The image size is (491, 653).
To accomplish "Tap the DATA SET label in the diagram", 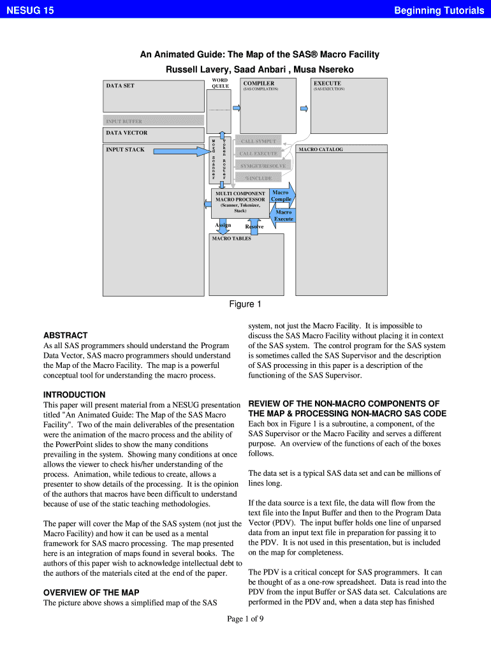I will [120, 85].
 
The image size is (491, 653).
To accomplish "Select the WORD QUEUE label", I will [220, 83].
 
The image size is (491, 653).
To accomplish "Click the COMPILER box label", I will [259, 84].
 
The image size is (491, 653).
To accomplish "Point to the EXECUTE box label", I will [327, 84].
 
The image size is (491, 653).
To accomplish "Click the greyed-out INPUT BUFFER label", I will [124, 121].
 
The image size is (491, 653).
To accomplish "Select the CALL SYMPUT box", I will [259, 141].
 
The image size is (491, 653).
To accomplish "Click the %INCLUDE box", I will [259, 178].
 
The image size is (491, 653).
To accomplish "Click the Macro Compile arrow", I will [281, 196].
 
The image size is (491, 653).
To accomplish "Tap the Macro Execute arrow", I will [284, 216].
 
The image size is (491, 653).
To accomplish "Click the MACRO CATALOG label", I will [321, 149].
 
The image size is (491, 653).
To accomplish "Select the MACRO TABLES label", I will [232, 238].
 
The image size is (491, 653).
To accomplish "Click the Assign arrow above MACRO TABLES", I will [223, 226].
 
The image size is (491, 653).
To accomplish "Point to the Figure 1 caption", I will [246, 304].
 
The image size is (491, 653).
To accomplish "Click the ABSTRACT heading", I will [65, 335].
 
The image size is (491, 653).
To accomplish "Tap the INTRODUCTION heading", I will [74, 394].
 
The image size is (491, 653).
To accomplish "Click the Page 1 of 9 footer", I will [246, 619].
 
